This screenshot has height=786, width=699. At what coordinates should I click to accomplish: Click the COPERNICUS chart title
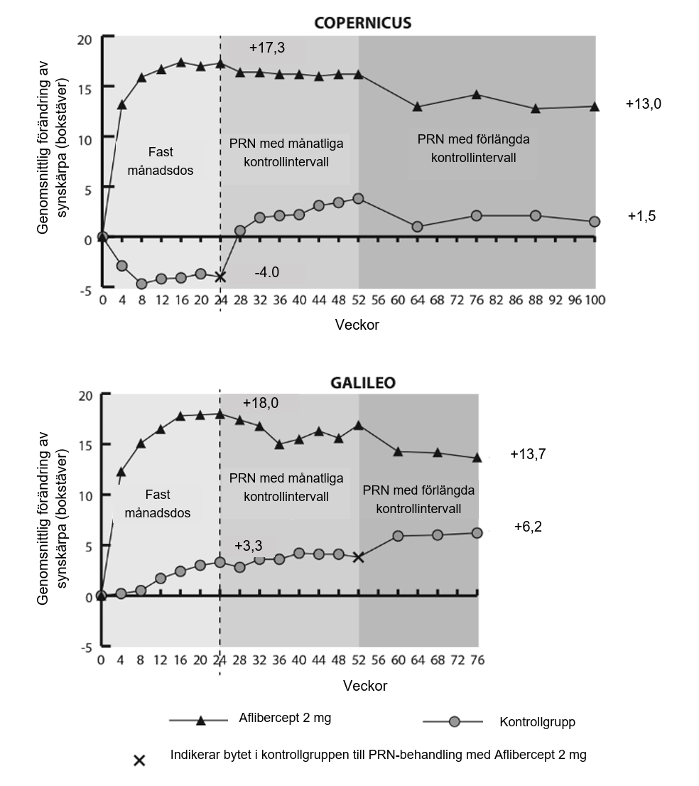pos(363,23)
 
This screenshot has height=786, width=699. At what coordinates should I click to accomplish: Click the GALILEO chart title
pos(363,382)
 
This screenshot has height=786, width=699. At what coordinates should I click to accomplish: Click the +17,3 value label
pos(267,48)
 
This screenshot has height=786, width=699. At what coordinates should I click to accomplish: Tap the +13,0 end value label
pos(643,104)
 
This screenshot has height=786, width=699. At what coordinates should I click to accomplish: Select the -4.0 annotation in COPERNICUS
pos(267,273)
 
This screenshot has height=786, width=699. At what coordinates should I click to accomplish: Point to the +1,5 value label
pos(641,216)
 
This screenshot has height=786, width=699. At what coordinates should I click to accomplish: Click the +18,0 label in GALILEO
pos(260,403)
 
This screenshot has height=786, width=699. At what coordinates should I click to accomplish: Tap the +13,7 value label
pos(528,453)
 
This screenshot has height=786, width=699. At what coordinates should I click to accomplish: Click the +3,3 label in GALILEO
pos(248,546)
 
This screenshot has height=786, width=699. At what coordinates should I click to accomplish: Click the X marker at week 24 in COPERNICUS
pos(220,276)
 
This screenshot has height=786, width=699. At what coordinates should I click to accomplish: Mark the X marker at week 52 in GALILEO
pos(359,557)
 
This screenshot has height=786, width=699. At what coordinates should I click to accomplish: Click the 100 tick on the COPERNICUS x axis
pos(595,300)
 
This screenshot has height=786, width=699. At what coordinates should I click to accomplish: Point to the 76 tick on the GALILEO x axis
pos(477,659)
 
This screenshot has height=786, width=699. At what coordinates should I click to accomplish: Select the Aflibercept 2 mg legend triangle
pos(201,721)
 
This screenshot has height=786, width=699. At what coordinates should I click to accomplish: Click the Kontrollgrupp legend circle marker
pos(455,722)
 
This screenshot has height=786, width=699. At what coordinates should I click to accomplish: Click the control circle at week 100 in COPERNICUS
pos(595,222)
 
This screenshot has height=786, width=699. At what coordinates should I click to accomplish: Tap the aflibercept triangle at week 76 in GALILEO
pos(477,457)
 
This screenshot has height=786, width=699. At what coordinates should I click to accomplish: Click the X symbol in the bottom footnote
pos(140,760)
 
